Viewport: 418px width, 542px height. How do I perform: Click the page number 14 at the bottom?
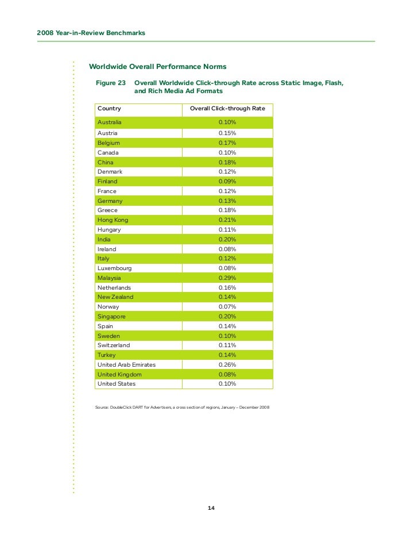[x=211, y=508]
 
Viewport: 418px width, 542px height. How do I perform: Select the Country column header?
[x=109, y=109]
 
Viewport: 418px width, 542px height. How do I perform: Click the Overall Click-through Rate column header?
[x=227, y=109]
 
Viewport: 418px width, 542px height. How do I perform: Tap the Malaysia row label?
[x=110, y=278]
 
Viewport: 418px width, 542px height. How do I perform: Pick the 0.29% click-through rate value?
[x=227, y=278]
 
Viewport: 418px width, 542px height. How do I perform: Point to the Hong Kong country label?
[x=113, y=220]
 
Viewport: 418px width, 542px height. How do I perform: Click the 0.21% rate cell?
[x=227, y=220]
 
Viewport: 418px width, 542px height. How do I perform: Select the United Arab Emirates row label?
[x=126, y=364]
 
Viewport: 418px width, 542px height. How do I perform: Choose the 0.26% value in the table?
[x=227, y=364]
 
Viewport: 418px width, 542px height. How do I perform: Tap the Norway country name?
[x=109, y=307]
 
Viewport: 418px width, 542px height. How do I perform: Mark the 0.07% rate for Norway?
[x=227, y=307]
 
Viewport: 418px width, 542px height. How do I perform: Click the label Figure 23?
[x=110, y=83]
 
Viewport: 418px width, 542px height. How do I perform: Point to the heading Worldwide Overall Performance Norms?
[x=157, y=67]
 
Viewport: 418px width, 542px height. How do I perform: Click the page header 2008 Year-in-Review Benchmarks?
[x=91, y=33]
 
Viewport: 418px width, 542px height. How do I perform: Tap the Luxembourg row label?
[x=114, y=268]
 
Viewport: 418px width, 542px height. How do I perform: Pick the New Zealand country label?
[x=115, y=297]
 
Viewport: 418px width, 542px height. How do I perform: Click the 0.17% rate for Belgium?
[x=227, y=143]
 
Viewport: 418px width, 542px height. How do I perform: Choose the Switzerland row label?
[x=114, y=345]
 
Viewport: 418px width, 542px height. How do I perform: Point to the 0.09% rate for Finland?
[x=227, y=182]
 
